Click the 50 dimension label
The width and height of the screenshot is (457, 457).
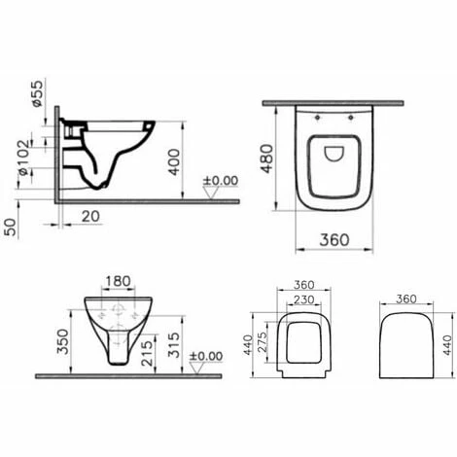[11, 228]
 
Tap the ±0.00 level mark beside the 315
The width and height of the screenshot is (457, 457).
[208, 356]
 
